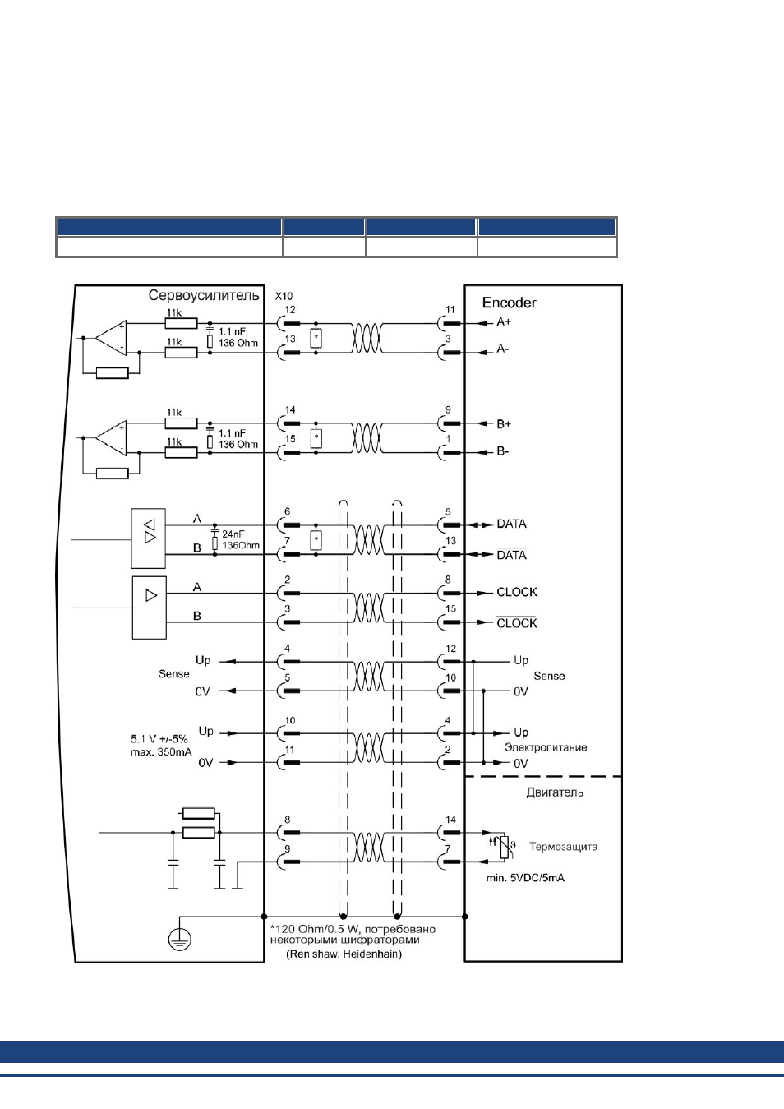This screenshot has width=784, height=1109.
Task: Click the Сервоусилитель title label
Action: coord(204,296)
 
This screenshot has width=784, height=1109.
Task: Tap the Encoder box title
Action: coord(509,303)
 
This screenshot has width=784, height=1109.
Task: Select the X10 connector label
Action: coord(284,296)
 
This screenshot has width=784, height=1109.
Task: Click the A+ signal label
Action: coord(504,321)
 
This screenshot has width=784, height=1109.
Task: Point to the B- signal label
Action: coord(503,451)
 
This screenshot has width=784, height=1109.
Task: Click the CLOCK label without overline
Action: coord(517,592)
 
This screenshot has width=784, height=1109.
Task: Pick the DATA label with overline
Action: coord(512,555)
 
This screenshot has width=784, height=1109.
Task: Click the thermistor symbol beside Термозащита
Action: coord(504,847)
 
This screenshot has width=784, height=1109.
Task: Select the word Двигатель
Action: coord(555,792)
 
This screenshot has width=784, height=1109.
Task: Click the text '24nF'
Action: coord(233,534)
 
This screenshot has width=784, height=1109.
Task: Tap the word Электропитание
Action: coord(546,747)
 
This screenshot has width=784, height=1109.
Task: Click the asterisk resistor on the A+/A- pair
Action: coord(316,338)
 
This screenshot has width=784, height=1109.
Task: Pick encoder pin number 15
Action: coord(450,609)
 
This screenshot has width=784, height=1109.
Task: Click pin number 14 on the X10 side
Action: coord(290,410)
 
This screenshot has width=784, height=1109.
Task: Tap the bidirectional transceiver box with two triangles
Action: coord(149,538)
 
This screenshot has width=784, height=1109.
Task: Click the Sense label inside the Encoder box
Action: coord(549,676)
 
